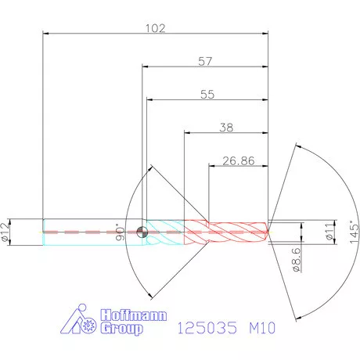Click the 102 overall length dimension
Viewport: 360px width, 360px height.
(x=155, y=28)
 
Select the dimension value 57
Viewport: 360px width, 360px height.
(x=205, y=62)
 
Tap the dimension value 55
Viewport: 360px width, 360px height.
(x=207, y=95)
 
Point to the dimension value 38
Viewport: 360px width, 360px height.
(x=226, y=128)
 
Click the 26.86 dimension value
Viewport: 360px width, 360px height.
(x=239, y=160)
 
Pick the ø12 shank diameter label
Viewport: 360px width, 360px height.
(x=5, y=232)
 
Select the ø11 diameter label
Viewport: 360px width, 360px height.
(x=330, y=231)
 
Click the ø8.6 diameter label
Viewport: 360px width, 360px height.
(x=297, y=260)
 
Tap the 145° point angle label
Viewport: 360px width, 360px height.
(x=354, y=232)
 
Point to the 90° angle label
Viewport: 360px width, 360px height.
(x=120, y=232)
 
